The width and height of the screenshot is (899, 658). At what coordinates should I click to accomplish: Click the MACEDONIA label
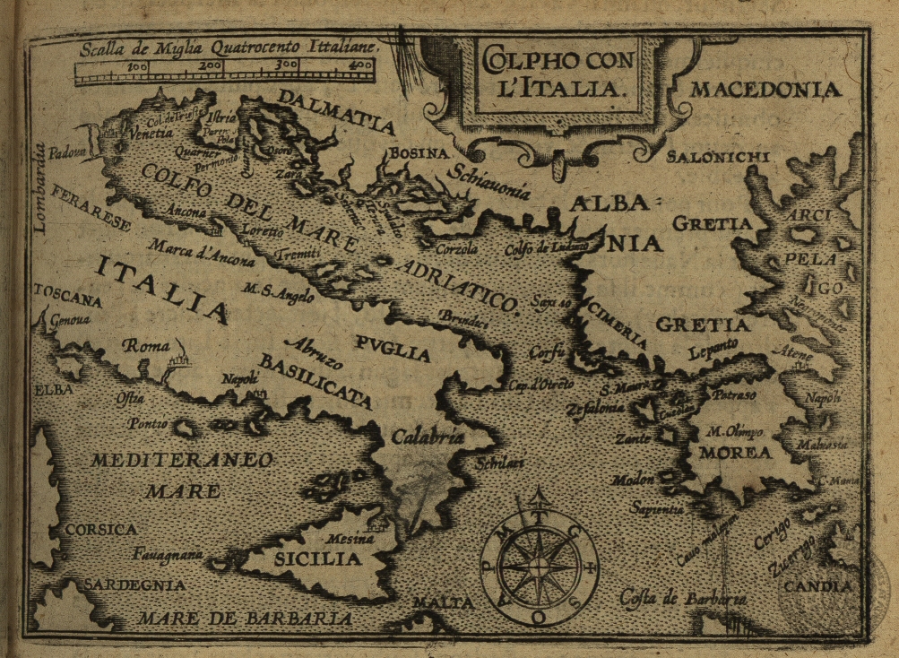tap(765, 90)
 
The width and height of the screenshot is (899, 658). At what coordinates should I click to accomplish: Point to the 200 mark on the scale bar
tap(212, 65)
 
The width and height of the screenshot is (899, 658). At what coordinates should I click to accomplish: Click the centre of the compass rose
tap(538, 567)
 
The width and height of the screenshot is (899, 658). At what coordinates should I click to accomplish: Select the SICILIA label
tap(305, 559)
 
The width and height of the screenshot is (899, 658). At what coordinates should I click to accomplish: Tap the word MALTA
tap(443, 602)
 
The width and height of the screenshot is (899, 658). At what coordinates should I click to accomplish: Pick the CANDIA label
tap(817, 587)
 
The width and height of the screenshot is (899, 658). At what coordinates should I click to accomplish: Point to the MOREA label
tap(735, 453)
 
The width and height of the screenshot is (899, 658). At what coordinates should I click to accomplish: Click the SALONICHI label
tap(718, 157)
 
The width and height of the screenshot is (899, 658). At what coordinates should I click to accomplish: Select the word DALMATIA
tap(335, 111)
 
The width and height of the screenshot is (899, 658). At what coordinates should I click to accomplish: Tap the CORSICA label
tap(100, 529)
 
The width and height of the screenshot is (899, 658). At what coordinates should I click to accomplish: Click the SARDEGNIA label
tap(134, 585)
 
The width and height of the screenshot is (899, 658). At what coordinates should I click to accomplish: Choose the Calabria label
tap(428, 437)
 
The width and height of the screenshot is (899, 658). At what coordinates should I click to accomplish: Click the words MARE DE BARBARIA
tap(245, 619)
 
